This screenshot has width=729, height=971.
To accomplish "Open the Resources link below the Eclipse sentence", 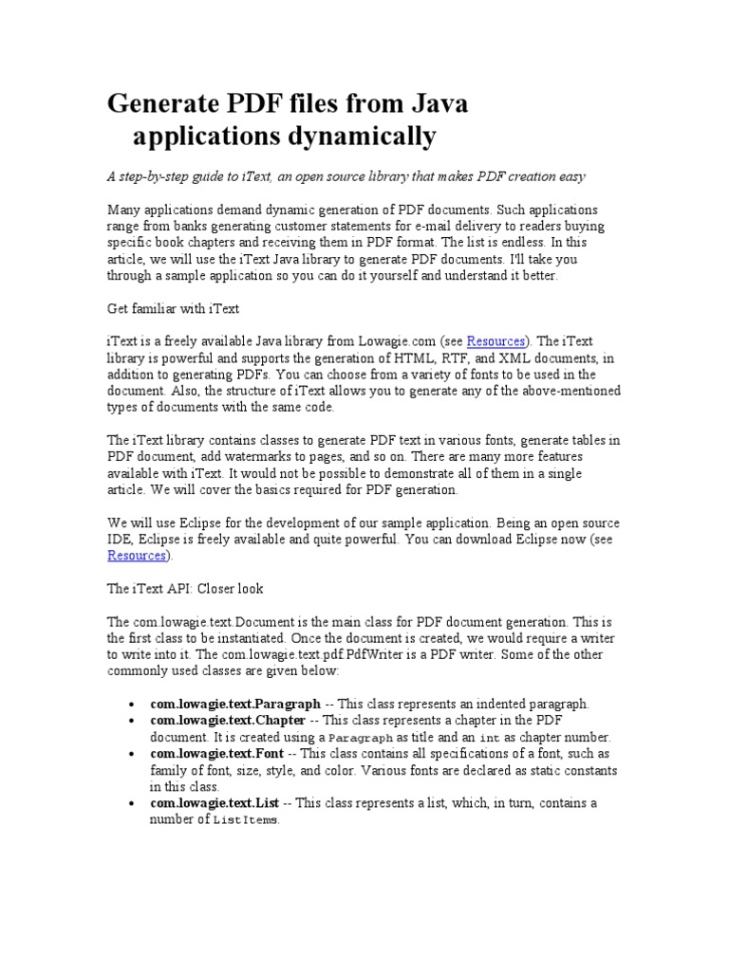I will click(x=137, y=556).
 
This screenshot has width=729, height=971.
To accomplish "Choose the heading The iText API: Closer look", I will click(x=185, y=589).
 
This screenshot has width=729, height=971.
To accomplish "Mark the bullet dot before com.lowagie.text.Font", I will click(x=129, y=754).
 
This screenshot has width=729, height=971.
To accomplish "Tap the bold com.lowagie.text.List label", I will click(x=215, y=803).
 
